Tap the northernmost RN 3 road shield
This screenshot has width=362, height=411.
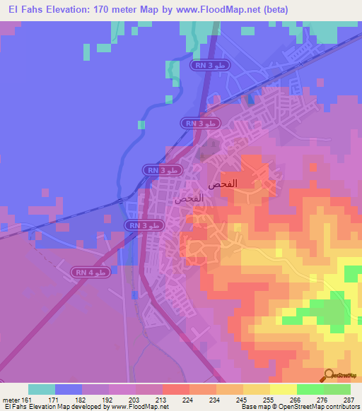point(209,65)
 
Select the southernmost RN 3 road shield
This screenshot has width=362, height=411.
point(144,225)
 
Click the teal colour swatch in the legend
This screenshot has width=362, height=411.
point(42,389)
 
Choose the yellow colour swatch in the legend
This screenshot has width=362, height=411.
point(284,389)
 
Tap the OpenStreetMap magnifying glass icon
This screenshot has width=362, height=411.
point(329,376)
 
